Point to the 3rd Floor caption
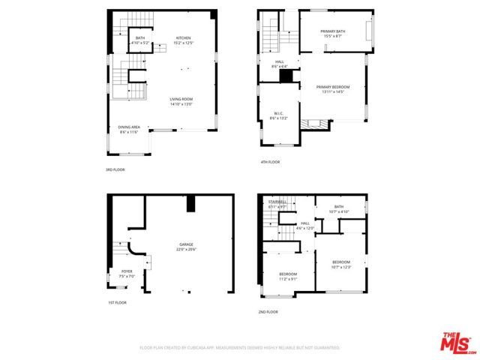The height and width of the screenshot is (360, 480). point(115,170)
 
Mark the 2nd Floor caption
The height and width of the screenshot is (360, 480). point(269,311)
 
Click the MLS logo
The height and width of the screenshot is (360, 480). point(456,343)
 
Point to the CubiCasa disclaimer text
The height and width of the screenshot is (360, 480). point(240,348)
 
